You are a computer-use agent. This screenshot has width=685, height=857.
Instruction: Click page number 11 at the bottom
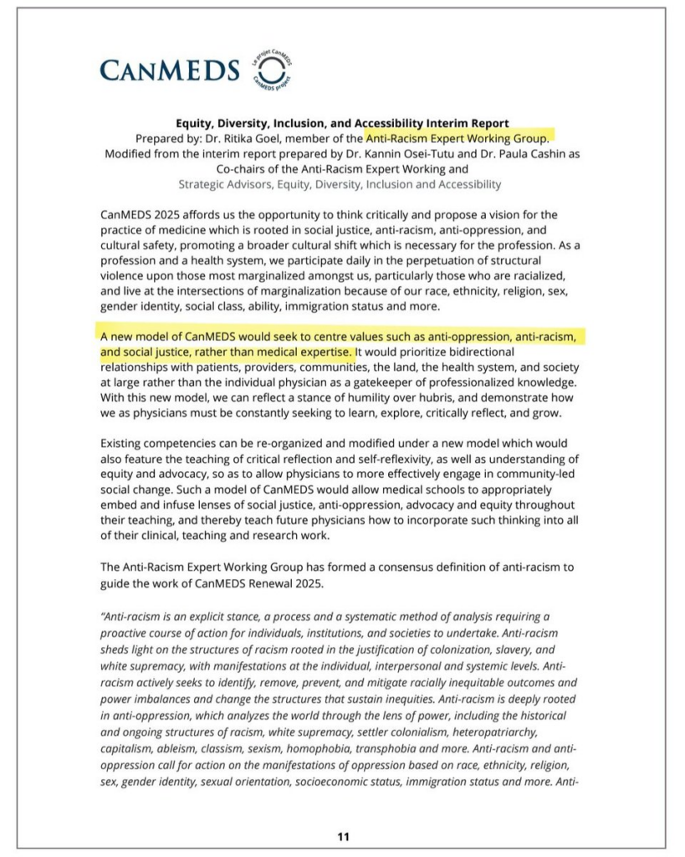tap(343, 836)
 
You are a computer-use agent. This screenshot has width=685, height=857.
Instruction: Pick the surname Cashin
tap(539, 154)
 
